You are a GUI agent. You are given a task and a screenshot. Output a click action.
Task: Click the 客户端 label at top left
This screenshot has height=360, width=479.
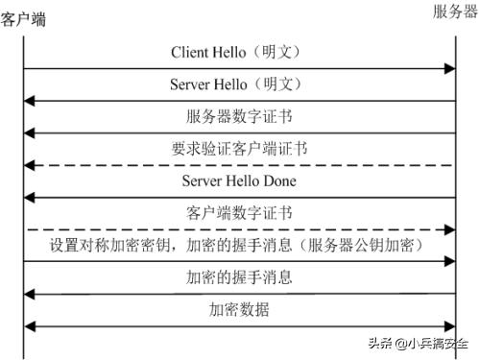[23, 18]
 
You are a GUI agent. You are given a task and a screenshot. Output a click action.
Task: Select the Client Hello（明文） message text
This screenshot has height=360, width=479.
[239, 51]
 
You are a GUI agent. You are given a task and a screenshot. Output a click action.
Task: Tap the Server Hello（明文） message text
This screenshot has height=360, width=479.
[239, 84]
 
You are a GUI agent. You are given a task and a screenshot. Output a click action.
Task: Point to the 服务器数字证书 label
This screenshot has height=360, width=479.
[239, 116]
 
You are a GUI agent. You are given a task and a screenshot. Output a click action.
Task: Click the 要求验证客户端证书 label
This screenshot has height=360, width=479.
[239, 149]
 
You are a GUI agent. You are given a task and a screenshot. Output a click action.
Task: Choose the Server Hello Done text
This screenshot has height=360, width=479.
[239, 180]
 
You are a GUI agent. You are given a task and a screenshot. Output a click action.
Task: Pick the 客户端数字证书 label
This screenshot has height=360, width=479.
[239, 213]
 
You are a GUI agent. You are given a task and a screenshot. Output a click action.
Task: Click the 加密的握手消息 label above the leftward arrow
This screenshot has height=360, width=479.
[239, 278]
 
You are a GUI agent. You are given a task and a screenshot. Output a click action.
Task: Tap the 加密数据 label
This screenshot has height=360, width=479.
[239, 310]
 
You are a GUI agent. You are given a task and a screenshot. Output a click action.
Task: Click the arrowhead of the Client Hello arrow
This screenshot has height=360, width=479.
[448, 68]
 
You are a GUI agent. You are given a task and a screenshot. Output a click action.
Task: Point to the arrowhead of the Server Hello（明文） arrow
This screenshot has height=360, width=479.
[30, 100]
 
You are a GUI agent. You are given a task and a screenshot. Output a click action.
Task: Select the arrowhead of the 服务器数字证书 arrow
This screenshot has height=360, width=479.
[30, 132]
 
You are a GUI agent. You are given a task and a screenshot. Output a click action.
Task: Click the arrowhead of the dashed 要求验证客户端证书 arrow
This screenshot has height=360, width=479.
[30, 165]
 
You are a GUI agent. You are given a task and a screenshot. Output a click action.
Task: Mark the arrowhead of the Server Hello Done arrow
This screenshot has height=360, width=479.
[30, 197]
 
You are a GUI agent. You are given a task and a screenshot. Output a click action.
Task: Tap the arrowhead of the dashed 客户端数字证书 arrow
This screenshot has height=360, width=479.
[448, 229]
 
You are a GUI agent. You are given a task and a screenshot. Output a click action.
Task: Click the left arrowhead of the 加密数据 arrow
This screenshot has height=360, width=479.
[30, 326]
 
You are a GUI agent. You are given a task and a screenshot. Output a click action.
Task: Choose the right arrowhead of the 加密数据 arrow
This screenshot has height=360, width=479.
[448, 326]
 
